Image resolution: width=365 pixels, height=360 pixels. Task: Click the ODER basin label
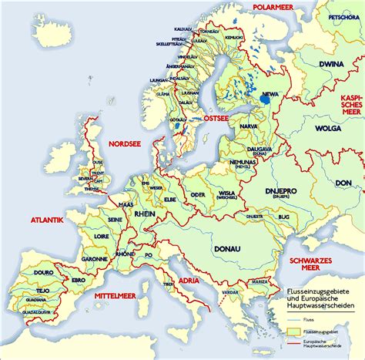pyautogui.click(x=199, y=195)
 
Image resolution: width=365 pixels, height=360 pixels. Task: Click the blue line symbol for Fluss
pyautogui.click(x=290, y=316)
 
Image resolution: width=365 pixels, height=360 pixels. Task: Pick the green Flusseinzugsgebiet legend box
pyautogui.click(x=290, y=329)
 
